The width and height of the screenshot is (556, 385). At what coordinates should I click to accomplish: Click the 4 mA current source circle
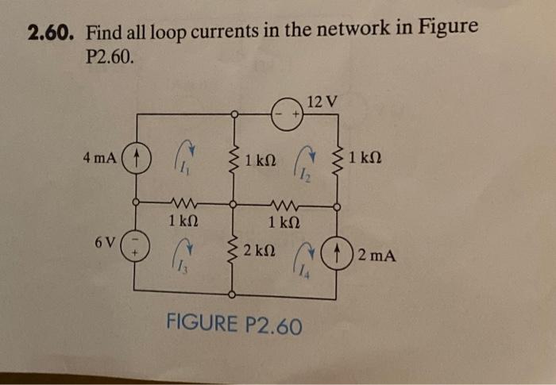click(137, 156)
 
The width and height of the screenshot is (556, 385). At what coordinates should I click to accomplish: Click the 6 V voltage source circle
click(137, 241)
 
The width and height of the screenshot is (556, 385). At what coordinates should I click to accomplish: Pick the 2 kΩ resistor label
click(260, 252)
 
